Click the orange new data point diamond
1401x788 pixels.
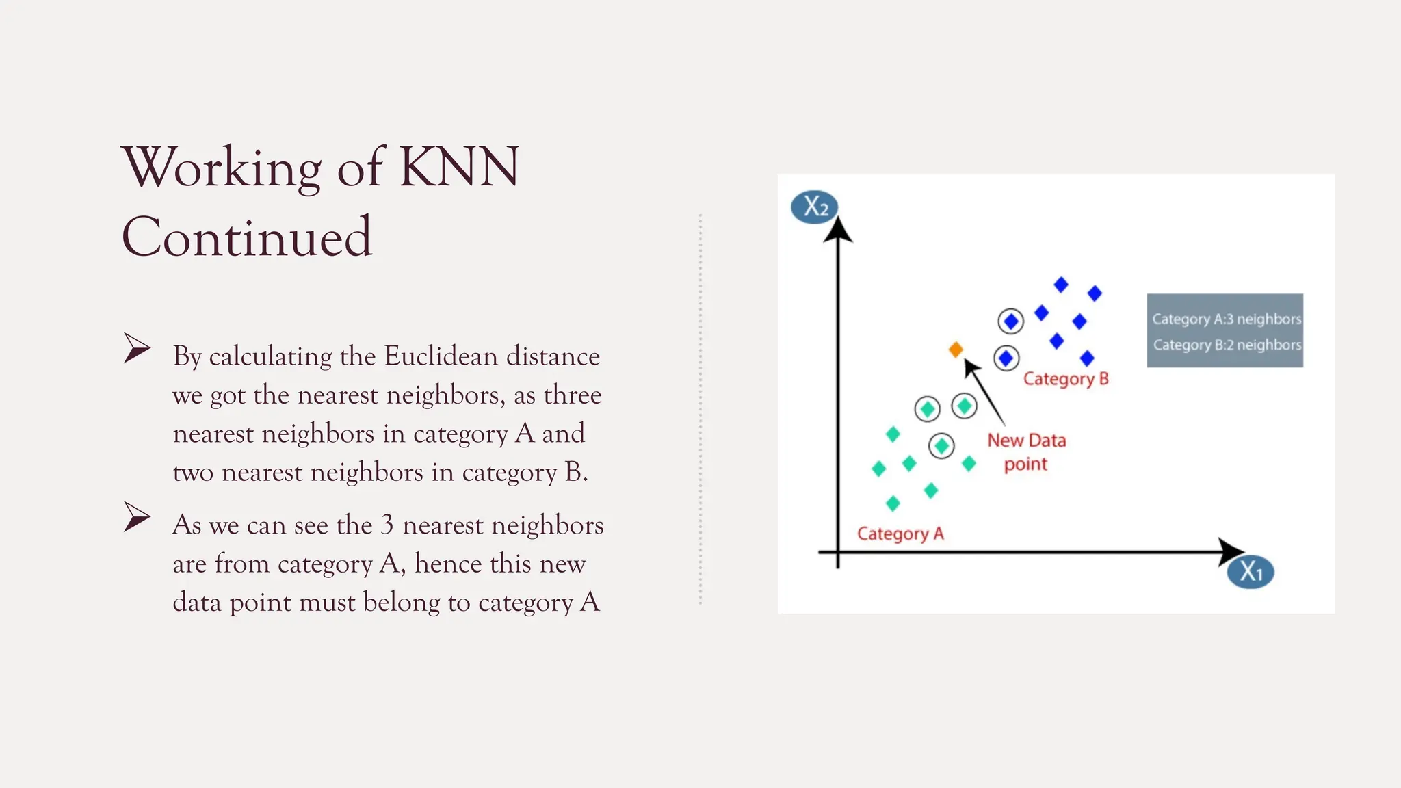tap(956, 350)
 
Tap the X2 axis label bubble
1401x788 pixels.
tap(814, 207)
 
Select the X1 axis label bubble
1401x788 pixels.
tap(1251, 572)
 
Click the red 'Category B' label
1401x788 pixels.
tap(1065, 379)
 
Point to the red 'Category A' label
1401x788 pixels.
tap(900, 534)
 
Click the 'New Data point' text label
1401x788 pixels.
tap(1026, 452)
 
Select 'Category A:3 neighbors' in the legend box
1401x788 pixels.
tap(1226, 319)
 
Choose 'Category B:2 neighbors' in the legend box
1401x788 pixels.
tap(1227, 345)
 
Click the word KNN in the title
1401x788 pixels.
tap(458, 167)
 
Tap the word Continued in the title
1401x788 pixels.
tap(247, 237)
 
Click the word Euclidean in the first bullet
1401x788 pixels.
tap(441, 356)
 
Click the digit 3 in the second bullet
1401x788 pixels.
tap(387, 525)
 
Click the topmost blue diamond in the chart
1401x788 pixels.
tap(1061, 285)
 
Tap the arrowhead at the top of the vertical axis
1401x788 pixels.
tap(837, 229)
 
